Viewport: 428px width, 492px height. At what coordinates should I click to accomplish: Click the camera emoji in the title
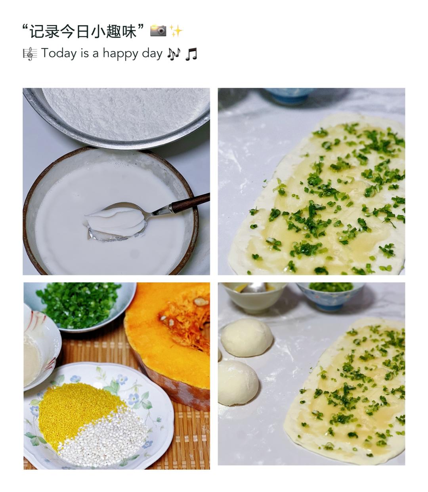pyautogui.click(x=158, y=31)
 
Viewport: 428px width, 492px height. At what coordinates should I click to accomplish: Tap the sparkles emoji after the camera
pyautogui.click(x=176, y=31)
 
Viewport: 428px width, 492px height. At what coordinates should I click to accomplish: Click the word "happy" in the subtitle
pyautogui.click(x=120, y=53)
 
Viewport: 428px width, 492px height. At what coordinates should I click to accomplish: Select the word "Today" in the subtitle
pyautogui.click(x=59, y=53)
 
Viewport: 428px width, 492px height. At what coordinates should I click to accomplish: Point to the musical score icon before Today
pyautogui.click(x=30, y=54)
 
